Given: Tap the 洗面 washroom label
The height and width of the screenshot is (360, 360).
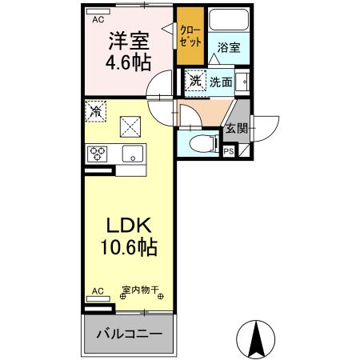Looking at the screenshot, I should (x=221, y=81).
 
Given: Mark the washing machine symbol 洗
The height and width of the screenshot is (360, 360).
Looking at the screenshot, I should (x=194, y=80).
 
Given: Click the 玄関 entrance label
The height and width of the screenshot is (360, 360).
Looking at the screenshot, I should (x=235, y=127).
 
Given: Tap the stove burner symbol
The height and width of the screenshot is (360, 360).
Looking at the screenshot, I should (x=98, y=153).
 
